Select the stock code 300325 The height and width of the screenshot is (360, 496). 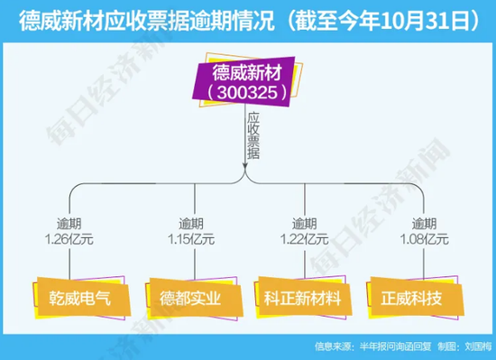(x=245, y=91)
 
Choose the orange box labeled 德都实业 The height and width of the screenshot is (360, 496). (x=187, y=296)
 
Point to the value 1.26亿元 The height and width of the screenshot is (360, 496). (x=72, y=239)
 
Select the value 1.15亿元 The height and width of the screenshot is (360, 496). (x=190, y=239)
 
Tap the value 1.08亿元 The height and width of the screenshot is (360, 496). (x=421, y=239)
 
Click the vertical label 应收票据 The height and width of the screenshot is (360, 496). (x=253, y=135)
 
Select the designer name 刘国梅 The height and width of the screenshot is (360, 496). (x=476, y=346)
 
